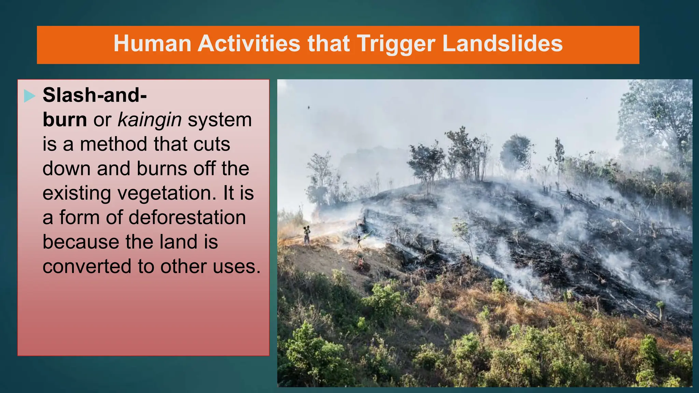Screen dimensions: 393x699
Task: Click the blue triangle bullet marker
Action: (30, 96)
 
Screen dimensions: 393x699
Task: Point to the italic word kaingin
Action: (149, 120)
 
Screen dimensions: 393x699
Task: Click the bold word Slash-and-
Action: (95, 95)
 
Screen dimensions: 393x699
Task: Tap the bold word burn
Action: (65, 120)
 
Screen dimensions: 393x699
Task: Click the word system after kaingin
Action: (219, 120)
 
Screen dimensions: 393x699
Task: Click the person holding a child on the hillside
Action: (307, 235)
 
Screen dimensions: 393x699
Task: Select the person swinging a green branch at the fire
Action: (359, 241)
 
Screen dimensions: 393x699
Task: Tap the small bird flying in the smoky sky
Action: (309, 107)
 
